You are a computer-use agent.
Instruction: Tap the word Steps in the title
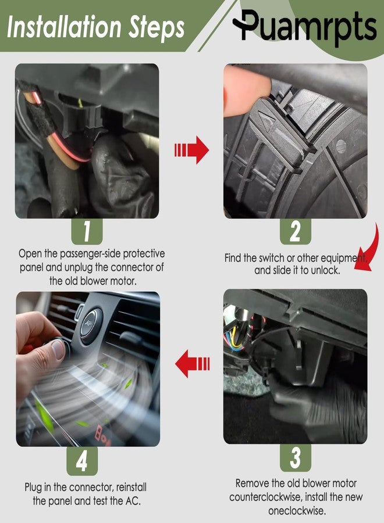pos(157,28)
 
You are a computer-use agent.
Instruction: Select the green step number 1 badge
pos(87,231)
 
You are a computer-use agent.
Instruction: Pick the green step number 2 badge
pos(296,231)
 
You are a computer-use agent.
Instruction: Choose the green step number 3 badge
pos(296,458)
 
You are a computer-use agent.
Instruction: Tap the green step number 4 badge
pos(82,461)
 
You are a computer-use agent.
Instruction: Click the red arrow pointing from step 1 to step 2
pos(191,150)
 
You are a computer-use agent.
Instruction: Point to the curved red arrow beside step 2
pos(369,249)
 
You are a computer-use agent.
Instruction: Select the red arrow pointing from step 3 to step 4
pos(193,364)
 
